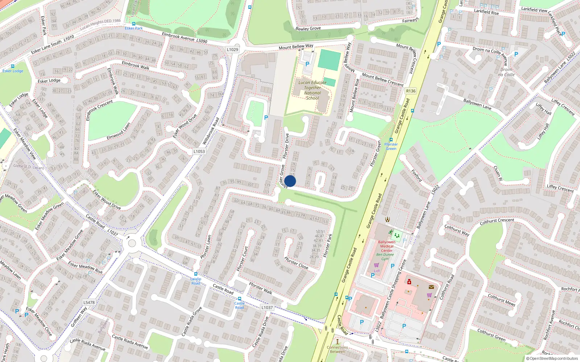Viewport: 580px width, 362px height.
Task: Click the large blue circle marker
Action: [290, 181]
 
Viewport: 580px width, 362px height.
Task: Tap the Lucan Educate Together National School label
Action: [312, 90]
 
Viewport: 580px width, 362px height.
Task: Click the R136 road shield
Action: [411, 91]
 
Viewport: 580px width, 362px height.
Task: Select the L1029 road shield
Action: [232, 50]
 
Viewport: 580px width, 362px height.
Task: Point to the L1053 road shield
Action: [199, 152]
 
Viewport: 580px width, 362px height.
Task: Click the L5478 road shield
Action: [89, 302]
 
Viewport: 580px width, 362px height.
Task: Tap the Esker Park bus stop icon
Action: [134, 24]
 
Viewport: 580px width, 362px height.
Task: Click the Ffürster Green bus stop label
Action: [391, 146]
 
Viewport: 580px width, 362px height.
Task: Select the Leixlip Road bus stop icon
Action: [196, 274]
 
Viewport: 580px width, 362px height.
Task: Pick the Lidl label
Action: [377, 271]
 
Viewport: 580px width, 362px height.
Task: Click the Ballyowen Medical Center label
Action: [387, 246]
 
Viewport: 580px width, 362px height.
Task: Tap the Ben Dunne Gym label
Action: [385, 257]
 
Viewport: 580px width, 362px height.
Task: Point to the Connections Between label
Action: [337, 349]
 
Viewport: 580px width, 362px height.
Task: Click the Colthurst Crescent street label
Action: [497, 221]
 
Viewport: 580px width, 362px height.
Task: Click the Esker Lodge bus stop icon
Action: [13, 66]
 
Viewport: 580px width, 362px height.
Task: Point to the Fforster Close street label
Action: [296, 263]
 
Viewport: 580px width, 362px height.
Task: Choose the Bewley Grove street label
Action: [308, 28]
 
